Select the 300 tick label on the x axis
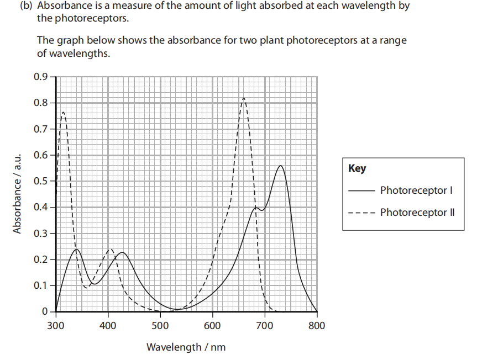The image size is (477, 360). (x=56, y=325)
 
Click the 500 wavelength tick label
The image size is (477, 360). (x=160, y=325)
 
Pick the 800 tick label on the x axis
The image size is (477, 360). (x=317, y=325)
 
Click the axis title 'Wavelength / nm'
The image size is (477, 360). (x=186, y=347)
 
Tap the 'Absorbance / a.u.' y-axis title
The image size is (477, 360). (x=18, y=193)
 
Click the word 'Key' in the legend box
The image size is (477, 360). (x=357, y=168)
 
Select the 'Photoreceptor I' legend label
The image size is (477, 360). (x=416, y=190)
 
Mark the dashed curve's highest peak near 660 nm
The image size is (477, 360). (x=244, y=98)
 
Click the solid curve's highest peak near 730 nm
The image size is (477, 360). (x=281, y=166)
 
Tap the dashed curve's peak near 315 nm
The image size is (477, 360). (x=64, y=112)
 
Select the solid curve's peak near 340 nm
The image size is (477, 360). (x=76, y=249)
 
